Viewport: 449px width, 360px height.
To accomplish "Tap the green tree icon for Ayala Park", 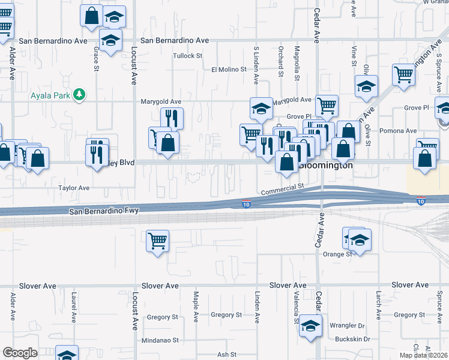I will [79, 94].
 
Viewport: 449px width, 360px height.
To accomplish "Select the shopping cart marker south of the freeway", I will [157, 242].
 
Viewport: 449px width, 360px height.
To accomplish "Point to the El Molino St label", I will [229, 70].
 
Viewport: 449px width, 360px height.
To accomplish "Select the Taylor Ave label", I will [74, 188].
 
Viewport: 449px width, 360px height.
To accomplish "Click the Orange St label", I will [337, 254].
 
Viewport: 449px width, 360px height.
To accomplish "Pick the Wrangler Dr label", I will [347, 325].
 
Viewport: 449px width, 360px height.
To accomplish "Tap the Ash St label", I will [227, 354].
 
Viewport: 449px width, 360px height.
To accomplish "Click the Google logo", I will [20, 353].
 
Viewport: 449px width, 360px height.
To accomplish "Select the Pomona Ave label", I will [402, 131].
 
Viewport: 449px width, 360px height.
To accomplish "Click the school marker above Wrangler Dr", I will [310, 326].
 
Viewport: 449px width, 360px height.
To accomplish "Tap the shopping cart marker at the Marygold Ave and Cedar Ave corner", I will [327, 106].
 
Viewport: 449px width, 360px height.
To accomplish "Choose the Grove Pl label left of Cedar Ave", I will [299, 116].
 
